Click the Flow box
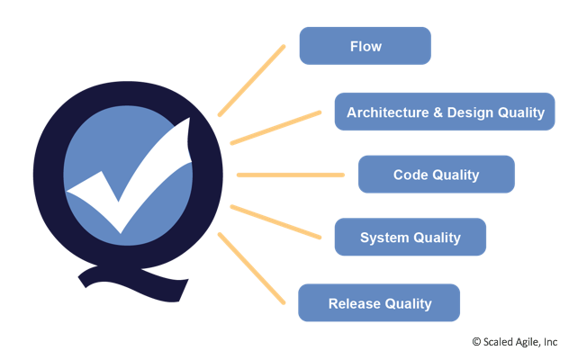coord(365,46)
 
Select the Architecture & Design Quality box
coord(445,112)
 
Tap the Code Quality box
coord(436,175)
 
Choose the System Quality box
coord(410,238)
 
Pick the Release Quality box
coord(378,303)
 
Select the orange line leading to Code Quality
coord(290,175)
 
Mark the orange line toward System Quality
coord(275,221)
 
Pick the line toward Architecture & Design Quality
coord(275,127)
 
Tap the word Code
coord(410,175)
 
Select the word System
coord(384,238)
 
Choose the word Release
coord(354,303)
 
